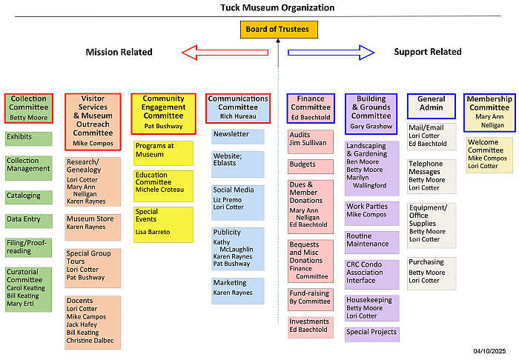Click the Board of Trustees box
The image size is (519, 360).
pos(279,30)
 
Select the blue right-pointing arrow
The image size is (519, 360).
pos(331,52)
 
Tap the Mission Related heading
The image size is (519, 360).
pos(119,52)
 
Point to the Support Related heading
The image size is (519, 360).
pos(427,52)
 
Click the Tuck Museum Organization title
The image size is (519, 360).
pos(277,7)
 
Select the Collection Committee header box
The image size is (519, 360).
pos(29,108)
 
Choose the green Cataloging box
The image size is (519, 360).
pos(29,197)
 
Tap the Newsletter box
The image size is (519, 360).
pos(237,136)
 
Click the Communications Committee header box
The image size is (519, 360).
pos(237,108)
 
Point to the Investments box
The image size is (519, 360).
pos(311,327)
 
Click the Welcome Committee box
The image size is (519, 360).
pos(489,155)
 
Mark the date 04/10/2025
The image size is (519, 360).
pos(489,350)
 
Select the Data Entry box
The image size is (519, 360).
pos(29,221)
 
